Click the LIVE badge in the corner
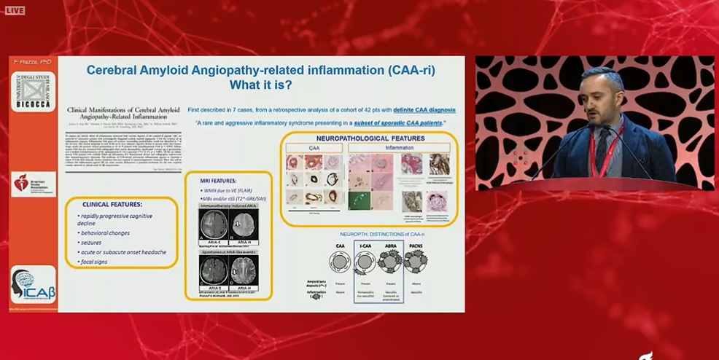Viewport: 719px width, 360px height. pos(15,10)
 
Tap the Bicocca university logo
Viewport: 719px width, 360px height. pos(33,91)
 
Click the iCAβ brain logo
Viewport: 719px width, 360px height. pos(33,284)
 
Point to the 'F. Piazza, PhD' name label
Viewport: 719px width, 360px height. pos(31,63)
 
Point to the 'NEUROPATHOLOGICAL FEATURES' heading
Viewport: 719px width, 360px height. pos(370,138)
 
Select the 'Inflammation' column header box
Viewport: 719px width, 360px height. pos(400,148)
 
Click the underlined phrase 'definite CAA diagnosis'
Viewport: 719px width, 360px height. pos(424,109)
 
